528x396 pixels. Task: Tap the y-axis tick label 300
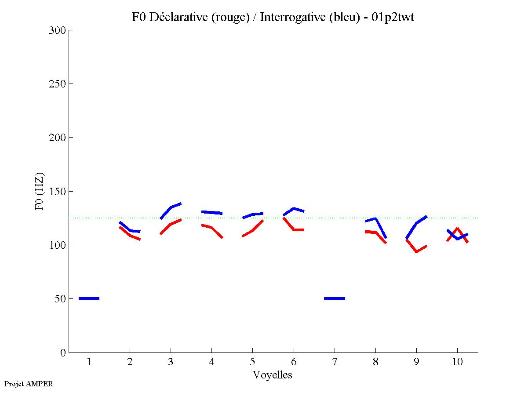point(58,30)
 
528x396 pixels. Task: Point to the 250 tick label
point(58,84)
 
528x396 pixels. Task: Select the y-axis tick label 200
point(58,138)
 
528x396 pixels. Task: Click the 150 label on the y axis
point(58,192)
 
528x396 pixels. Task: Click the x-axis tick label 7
point(335,362)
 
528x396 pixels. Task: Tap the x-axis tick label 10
point(457,362)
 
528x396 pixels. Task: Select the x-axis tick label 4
point(211,362)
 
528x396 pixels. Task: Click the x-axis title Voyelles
point(273,375)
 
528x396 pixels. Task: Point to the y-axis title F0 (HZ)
point(40,191)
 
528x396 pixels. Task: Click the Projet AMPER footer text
point(29,384)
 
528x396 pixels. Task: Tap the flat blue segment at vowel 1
point(89,298)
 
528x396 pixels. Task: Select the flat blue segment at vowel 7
point(335,298)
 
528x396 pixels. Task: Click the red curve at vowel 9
point(416,251)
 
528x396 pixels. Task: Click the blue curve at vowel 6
point(293,209)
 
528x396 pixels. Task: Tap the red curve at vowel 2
point(130,235)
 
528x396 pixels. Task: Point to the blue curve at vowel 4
point(211,212)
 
